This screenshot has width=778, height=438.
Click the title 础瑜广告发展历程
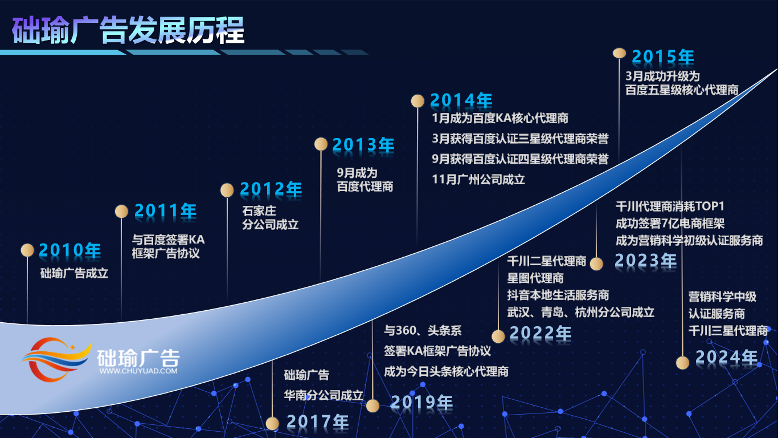(x=128, y=31)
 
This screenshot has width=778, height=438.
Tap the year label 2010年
(x=70, y=250)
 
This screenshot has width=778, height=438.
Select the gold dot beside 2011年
(x=121, y=211)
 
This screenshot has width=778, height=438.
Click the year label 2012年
(x=271, y=189)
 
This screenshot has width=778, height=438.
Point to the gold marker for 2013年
(x=321, y=144)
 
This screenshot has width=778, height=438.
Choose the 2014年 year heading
(x=461, y=100)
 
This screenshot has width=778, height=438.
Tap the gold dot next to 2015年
(x=619, y=53)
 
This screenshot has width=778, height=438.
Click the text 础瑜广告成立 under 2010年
(x=75, y=273)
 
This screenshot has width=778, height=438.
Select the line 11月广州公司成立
(x=478, y=180)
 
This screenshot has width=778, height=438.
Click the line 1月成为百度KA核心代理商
(x=500, y=118)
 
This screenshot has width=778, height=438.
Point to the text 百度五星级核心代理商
(x=682, y=90)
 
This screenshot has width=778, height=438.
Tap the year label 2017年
(x=317, y=421)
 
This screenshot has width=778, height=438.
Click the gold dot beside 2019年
(x=372, y=405)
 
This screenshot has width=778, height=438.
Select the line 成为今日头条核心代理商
(x=446, y=371)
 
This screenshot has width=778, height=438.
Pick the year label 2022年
(x=540, y=333)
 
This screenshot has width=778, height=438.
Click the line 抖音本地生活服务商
(x=558, y=295)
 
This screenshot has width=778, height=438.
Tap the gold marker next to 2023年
(x=596, y=264)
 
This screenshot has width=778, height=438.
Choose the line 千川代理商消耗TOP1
(x=670, y=206)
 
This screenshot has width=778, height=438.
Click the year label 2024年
(x=727, y=357)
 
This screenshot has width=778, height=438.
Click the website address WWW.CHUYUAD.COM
(x=138, y=371)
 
